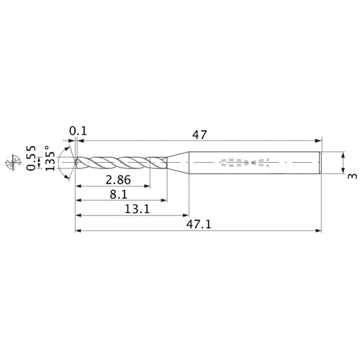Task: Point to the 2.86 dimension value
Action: (117, 179)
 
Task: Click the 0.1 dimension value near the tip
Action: (77, 131)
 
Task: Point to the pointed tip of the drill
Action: (76, 163)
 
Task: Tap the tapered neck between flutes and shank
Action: (177, 163)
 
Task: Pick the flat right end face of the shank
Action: (320, 163)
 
